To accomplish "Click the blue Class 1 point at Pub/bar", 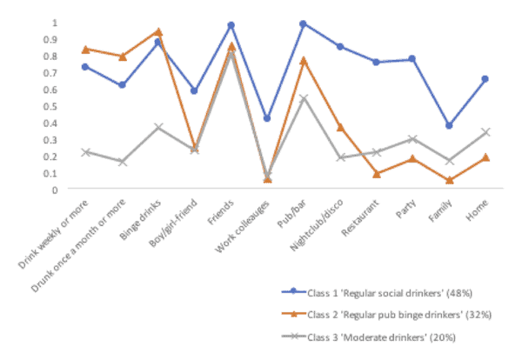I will pyautogui.click(x=304, y=24).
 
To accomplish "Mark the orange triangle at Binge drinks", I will pyautogui.click(x=158, y=31).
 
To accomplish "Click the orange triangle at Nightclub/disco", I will pyautogui.click(x=340, y=127).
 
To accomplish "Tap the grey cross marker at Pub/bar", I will pyautogui.click(x=304, y=98).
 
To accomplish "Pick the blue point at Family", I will pyautogui.click(x=449, y=125).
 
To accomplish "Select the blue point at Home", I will pyautogui.click(x=485, y=79).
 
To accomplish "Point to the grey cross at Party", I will pyautogui.click(x=412, y=139).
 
